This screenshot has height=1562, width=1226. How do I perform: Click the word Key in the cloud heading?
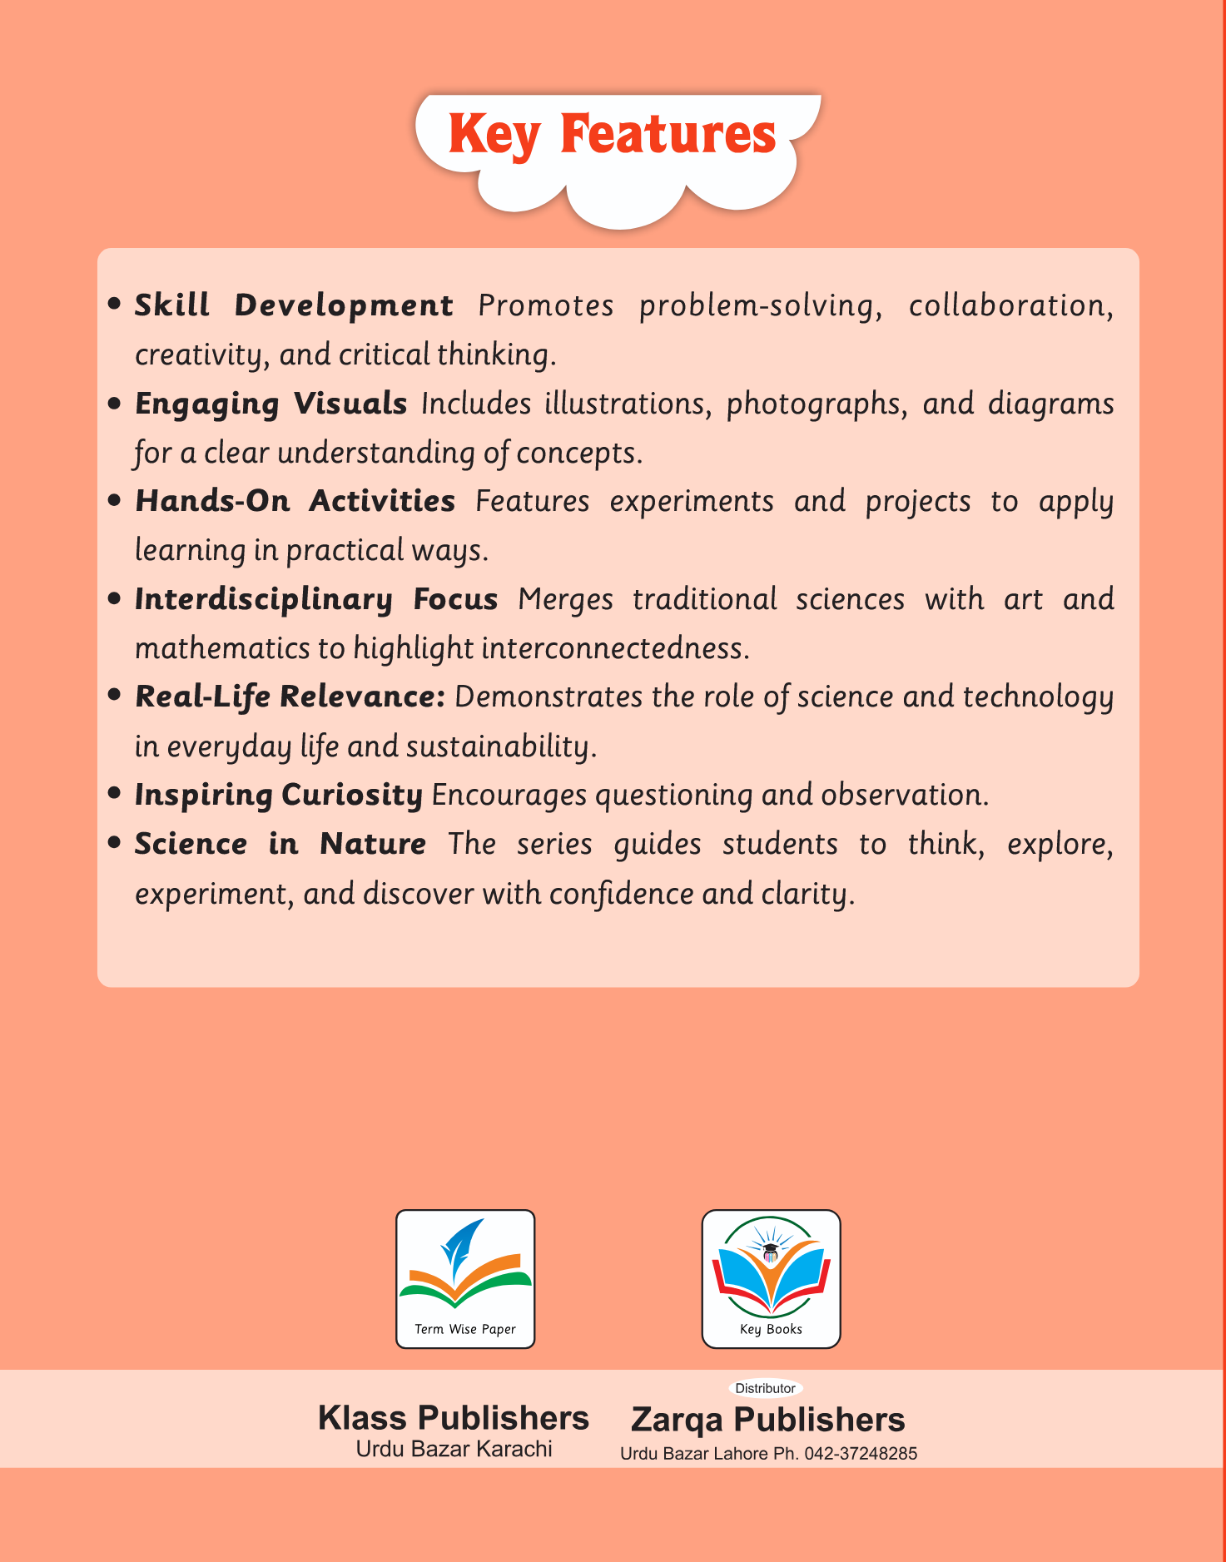point(494,134)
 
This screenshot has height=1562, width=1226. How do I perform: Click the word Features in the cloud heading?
point(668,134)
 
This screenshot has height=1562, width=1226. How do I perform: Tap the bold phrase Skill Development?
point(294,305)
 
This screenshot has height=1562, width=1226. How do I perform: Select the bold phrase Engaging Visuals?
point(271,404)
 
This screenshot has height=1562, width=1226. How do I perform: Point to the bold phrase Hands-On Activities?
point(295,501)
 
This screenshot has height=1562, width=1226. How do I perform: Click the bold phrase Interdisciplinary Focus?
point(316,599)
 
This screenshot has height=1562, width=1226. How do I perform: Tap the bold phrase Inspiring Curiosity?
point(279,795)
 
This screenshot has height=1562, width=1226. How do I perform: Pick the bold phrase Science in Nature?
point(280,844)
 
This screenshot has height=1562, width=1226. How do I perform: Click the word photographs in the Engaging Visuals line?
point(817,404)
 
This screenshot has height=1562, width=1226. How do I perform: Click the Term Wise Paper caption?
point(465,1329)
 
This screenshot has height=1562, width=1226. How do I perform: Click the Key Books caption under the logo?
point(771,1329)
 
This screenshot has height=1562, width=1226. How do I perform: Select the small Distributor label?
point(765,1388)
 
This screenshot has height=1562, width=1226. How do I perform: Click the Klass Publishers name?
point(454,1418)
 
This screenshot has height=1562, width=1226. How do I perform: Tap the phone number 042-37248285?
point(861,1454)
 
